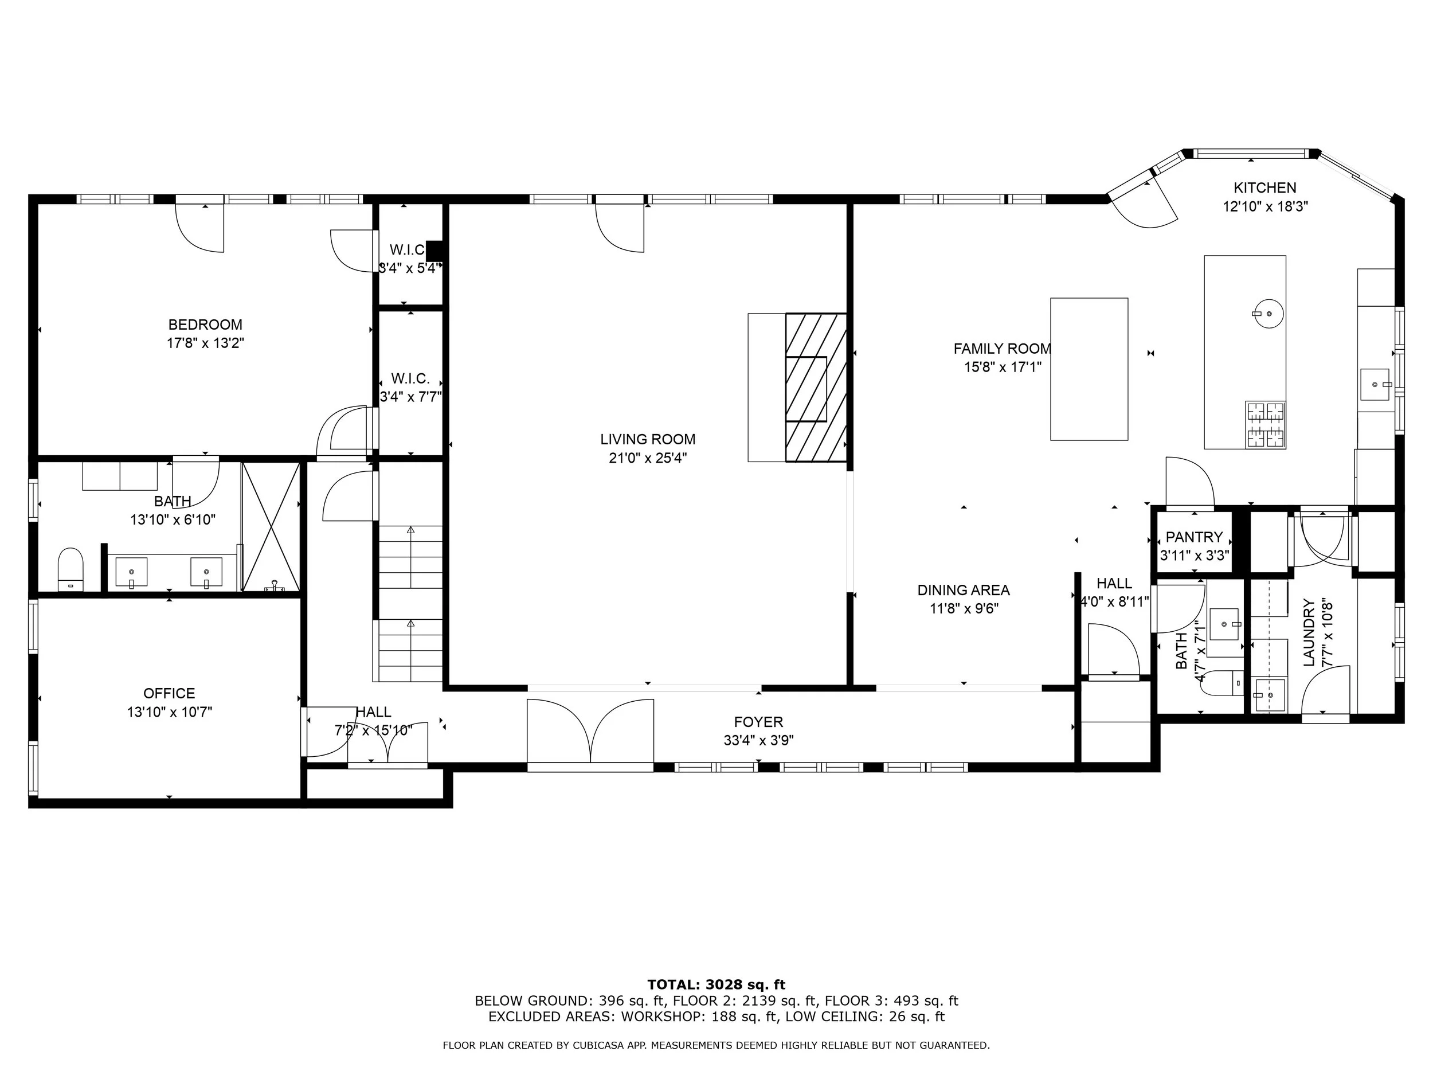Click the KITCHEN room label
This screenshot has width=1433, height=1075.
[1264, 188]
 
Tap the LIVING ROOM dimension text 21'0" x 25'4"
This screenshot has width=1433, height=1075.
[648, 458]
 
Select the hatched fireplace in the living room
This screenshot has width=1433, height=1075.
[816, 388]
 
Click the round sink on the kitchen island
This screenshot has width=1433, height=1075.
[1268, 314]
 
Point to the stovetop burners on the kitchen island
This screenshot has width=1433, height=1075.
[1265, 425]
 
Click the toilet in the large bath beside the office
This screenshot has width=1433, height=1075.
[71, 569]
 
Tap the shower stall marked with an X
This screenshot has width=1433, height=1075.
[271, 527]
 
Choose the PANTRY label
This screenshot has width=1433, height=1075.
[1194, 537]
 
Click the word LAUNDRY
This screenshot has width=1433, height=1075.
[1309, 632]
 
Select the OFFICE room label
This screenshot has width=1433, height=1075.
[169, 693]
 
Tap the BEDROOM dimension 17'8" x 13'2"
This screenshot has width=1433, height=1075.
[205, 343]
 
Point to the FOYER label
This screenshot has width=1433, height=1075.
[758, 722]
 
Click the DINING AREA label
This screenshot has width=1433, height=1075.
[964, 591]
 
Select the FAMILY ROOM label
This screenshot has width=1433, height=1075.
[1002, 349]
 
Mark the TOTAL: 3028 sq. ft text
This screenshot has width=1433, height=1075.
[716, 986]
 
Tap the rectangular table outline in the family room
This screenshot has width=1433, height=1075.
[1089, 369]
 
